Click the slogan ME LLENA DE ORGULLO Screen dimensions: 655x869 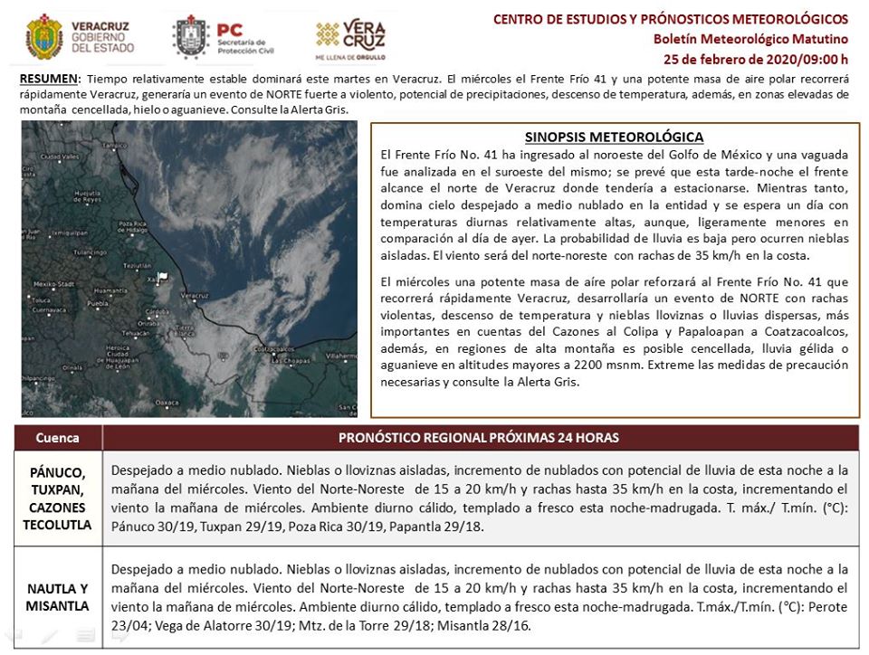[x=350, y=56]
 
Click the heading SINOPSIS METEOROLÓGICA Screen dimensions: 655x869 [x=614, y=137]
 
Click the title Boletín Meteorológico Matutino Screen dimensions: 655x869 [x=750, y=39]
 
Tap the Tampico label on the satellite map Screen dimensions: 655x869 [x=115, y=146]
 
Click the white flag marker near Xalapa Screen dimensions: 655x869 [x=162, y=277]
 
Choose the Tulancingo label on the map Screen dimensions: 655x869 [x=91, y=252]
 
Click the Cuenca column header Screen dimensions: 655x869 [x=58, y=438]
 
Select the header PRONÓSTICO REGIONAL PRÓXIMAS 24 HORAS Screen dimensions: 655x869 [x=478, y=438]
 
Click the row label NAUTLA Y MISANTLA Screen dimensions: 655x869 [x=57, y=597]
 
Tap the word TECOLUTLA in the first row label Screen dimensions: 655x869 [x=57, y=525]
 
